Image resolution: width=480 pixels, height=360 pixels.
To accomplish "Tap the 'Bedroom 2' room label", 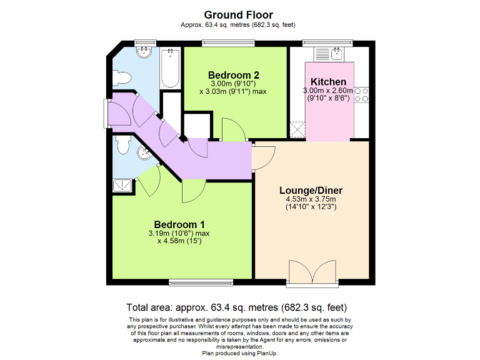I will [233, 75].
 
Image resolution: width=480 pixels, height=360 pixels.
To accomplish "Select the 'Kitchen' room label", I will [328, 82].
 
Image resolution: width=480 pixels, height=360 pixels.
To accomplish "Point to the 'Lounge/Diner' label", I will [311, 191].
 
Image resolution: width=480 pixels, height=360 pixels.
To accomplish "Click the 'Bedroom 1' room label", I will [179, 224].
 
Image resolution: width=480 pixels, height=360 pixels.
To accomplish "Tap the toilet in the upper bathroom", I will [122, 77].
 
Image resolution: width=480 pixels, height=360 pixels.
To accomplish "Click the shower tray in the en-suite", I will [123, 184].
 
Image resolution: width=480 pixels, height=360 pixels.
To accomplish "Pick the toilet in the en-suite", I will [122, 146].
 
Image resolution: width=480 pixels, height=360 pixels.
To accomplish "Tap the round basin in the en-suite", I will [143, 153].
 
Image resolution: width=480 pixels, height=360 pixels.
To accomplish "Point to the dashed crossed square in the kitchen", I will [297, 131].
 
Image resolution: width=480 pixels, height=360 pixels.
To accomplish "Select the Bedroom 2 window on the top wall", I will [228, 43].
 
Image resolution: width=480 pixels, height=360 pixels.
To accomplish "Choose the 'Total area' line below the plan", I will [237, 307].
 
